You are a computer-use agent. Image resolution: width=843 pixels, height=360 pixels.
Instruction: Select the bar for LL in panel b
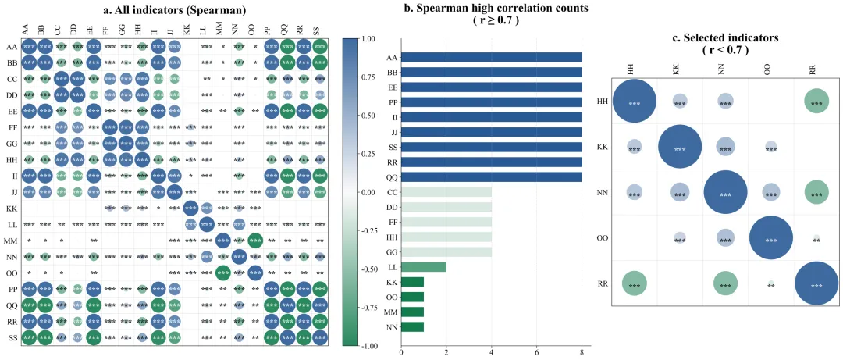coord(424,267)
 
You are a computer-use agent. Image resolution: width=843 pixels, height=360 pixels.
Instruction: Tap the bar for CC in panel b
coord(446,191)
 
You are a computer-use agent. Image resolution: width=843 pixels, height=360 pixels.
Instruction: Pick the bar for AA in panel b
coord(492,57)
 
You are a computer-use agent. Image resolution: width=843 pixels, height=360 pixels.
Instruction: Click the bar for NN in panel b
coord(412,326)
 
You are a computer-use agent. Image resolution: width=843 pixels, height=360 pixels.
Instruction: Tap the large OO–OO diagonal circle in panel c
coord(771,238)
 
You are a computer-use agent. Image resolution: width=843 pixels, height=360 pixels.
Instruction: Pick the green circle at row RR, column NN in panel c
coord(726,283)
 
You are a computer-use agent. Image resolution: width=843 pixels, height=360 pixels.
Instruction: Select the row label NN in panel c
coord(603,193)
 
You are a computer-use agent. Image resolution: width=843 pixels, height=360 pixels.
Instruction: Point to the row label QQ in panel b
coord(390,176)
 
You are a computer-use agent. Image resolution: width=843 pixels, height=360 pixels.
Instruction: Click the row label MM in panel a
coord(11,240)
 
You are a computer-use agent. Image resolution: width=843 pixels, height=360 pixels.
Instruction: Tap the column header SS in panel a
coord(320,31)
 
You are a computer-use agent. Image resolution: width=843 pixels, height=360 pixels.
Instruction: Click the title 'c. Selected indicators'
coord(724,37)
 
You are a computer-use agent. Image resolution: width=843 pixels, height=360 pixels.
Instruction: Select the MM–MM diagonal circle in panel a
coord(222,240)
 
